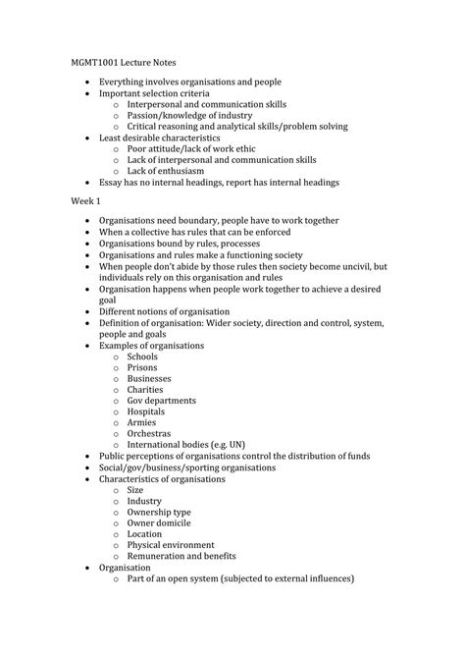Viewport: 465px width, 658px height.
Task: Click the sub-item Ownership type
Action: coord(159,512)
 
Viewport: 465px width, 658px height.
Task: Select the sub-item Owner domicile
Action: coord(161,522)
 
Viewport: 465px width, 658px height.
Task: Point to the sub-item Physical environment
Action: coord(171,545)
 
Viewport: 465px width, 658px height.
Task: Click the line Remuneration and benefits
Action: coord(181,556)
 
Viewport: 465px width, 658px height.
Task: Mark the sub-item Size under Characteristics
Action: coord(135,489)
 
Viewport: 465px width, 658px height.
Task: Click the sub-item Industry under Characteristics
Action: coord(144,501)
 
